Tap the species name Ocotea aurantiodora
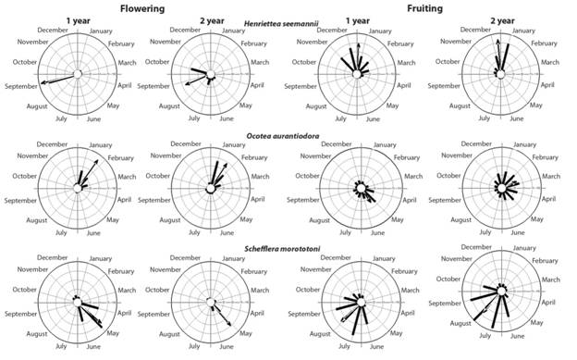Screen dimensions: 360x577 point(288,136)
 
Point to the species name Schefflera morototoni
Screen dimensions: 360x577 point(288,248)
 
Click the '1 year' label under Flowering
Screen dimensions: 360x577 point(78,22)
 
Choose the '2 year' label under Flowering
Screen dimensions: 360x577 point(211,22)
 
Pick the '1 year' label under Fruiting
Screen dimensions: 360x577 point(357,22)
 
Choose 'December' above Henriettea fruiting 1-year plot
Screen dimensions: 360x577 point(334,31)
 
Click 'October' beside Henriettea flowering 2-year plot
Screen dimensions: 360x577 point(163,62)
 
